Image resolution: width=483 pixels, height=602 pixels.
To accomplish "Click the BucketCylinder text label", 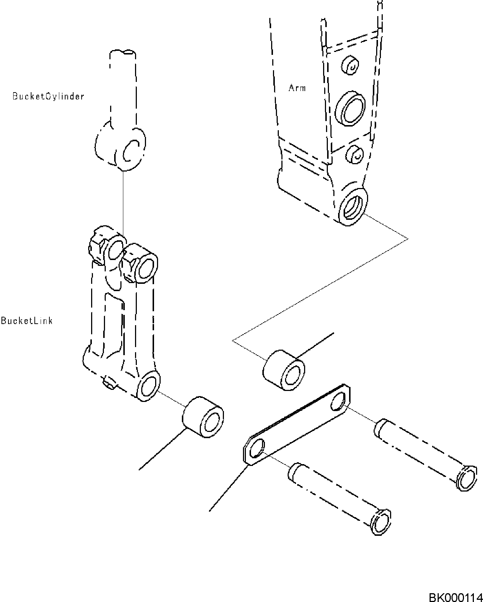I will (x=48, y=97).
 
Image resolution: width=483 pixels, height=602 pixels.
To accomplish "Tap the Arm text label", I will (x=297, y=88).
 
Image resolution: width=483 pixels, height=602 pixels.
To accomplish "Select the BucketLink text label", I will (x=27, y=321).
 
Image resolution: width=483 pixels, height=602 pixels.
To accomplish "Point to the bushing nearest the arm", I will (x=284, y=370).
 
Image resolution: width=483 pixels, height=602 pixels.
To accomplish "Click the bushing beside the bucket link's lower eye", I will (x=203, y=417).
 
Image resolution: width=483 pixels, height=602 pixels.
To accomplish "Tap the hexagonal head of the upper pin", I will (x=467, y=477).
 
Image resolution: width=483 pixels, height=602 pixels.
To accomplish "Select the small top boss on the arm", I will (x=350, y=65).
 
